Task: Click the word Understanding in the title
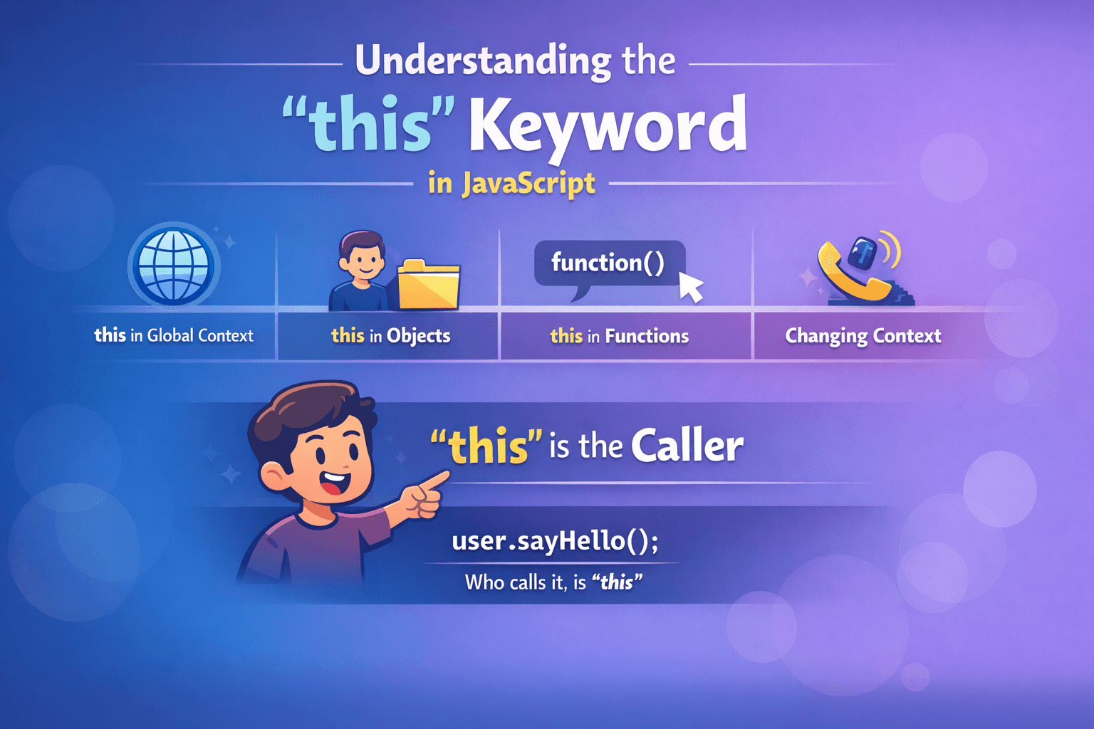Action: [482, 61]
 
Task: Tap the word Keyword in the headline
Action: [608, 126]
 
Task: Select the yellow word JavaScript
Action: [528, 183]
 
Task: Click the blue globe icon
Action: [174, 266]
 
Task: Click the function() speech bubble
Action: [608, 263]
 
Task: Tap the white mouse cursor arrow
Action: [690, 286]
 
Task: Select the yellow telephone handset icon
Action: [851, 278]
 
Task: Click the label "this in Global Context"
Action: [174, 335]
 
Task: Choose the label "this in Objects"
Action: [390, 335]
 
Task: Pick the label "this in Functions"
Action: [619, 336]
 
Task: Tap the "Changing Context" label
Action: [863, 335]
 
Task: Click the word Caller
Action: [687, 446]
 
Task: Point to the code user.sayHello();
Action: [555, 541]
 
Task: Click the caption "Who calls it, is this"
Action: [553, 582]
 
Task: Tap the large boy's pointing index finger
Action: [435, 479]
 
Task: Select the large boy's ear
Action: [273, 476]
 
